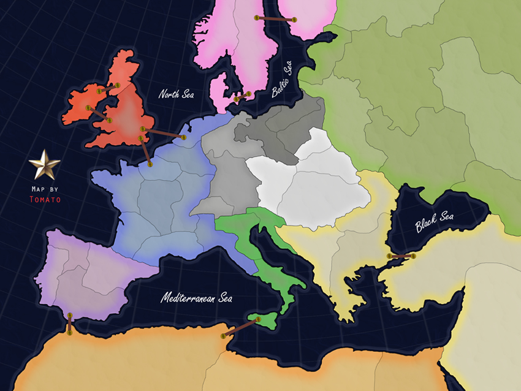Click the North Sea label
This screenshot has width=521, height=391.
[176, 94]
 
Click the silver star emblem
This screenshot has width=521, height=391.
[45, 165]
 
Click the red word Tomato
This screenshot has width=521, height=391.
[45, 199]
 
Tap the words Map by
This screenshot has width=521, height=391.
[45, 189]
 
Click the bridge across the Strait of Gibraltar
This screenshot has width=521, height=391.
[70, 324]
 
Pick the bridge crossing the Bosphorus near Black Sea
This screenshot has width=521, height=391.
[401, 256]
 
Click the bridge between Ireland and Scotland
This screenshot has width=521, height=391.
[108, 88]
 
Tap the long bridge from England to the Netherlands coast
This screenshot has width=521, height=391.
[163, 133]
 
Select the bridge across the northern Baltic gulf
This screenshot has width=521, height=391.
[275, 19]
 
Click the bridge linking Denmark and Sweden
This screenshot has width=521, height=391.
[243, 96]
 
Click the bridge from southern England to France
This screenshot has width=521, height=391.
[145, 151]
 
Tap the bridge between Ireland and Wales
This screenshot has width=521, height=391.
[98, 114]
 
